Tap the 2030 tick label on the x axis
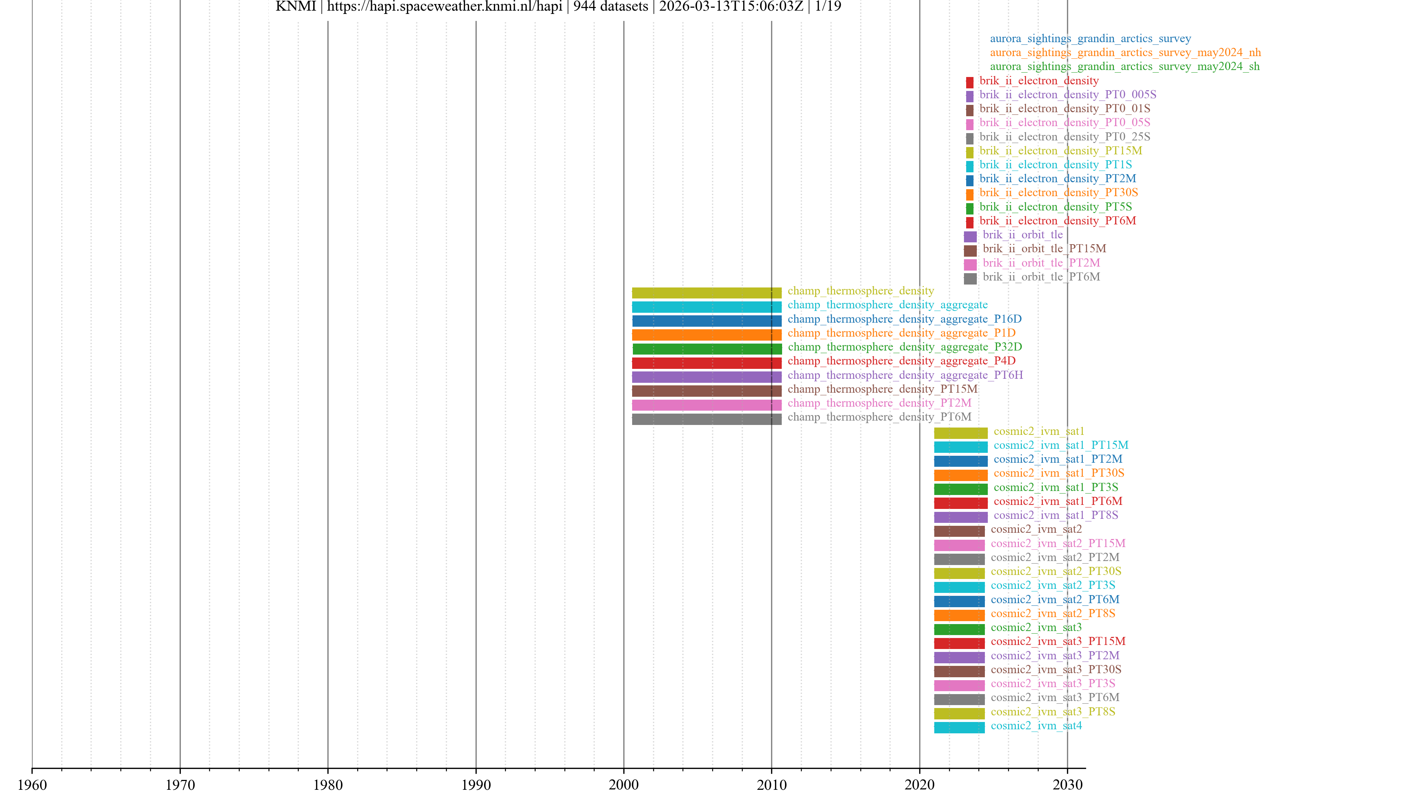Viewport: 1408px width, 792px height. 1067,784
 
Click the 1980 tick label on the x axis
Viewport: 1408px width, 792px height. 327,784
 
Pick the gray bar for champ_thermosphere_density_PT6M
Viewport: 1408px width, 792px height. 706,419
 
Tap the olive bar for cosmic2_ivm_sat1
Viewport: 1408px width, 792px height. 960,433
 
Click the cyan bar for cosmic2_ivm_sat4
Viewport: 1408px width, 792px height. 959,727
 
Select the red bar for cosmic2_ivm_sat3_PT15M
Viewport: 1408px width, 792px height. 959,643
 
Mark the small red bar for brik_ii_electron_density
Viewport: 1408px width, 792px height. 969,82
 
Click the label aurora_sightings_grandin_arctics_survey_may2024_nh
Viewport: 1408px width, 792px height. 1125,52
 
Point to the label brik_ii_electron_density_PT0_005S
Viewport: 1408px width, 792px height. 1067,95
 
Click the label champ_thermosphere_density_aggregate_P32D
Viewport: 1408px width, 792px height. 905,347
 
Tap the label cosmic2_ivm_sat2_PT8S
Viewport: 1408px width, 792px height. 1052,613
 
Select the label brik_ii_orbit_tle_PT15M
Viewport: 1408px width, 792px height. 1044,249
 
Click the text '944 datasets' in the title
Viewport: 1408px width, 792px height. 610,7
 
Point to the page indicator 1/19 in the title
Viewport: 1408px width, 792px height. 828,7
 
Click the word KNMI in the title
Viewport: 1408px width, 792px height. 296,7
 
